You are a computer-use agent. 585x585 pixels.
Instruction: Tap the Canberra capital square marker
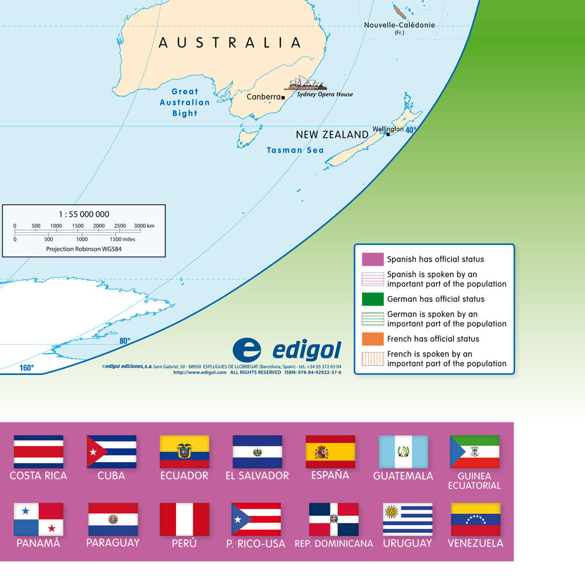(283, 97)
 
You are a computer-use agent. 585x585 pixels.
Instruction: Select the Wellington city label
(388, 129)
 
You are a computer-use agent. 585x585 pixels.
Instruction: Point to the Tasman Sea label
(295, 150)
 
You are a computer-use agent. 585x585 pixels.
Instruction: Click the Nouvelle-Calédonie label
(400, 25)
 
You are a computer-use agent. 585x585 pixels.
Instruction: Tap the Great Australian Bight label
(185, 102)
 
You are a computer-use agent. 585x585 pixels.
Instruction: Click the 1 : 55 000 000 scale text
(84, 214)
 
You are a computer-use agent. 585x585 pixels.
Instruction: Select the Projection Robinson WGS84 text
(84, 249)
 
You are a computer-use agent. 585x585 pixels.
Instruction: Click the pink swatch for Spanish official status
(373, 259)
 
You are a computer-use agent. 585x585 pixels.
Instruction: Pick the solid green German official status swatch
(373, 299)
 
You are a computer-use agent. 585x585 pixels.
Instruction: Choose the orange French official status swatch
(373, 339)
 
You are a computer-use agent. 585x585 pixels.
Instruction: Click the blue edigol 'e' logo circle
(247, 350)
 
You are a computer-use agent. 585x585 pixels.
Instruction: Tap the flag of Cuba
(112, 452)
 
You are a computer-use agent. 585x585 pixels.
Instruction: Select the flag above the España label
(330, 452)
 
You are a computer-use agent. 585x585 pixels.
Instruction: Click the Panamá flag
(39, 519)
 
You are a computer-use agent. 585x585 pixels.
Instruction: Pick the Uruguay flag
(408, 519)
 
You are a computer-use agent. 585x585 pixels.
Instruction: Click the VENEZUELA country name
(475, 543)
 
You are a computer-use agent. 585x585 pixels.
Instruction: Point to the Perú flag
(184, 519)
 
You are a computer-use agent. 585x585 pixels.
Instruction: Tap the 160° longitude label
(27, 368)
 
